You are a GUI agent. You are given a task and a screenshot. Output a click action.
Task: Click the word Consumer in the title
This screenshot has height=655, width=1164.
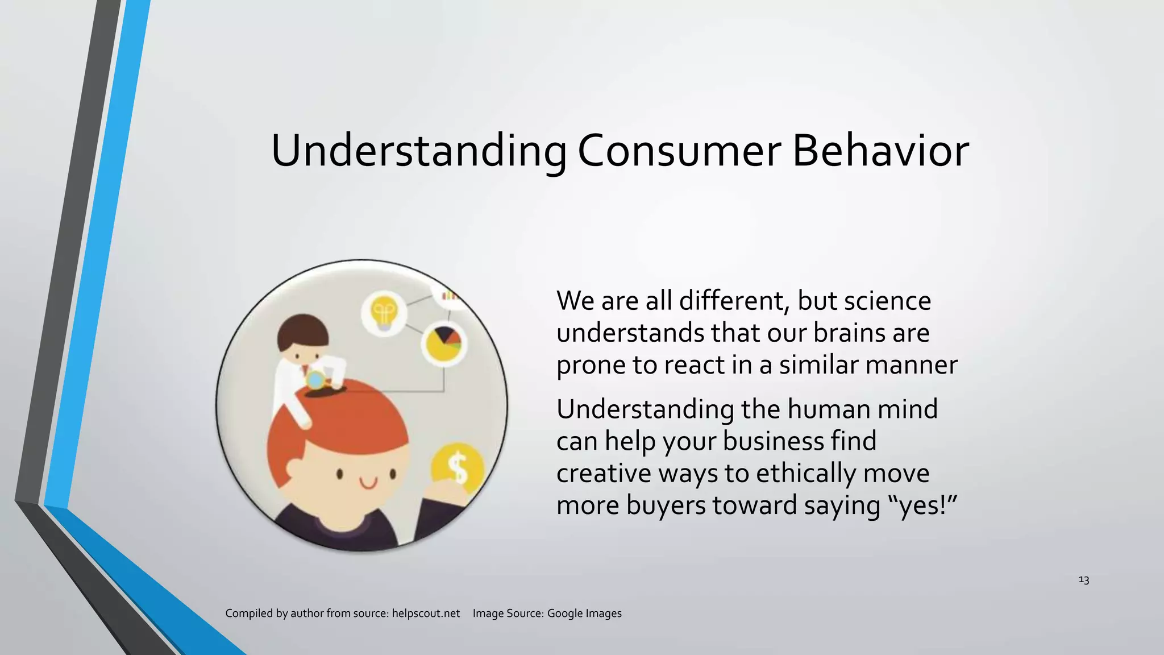679,151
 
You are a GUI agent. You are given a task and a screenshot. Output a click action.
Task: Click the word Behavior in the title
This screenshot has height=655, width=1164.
880,151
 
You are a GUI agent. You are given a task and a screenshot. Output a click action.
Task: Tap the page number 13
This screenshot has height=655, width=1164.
1083,580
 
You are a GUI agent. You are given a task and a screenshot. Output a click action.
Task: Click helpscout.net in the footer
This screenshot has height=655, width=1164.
426,613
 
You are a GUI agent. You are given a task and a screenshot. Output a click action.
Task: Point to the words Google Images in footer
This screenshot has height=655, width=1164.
584,613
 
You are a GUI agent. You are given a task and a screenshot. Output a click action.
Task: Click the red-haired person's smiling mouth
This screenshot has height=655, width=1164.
368,484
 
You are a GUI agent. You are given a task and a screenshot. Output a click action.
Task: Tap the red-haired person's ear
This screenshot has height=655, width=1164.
293,468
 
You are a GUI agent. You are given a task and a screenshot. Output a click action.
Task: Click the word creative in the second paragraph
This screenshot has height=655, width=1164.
604,474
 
